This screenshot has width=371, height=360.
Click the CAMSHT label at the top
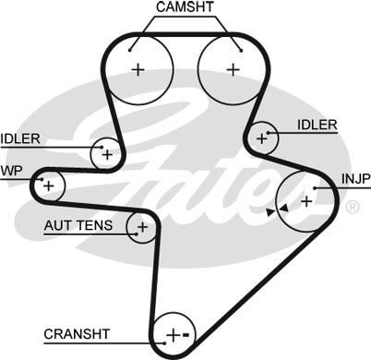(185, 8)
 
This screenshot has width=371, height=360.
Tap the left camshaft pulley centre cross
(138, 68)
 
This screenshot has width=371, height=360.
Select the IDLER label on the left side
(20, 138)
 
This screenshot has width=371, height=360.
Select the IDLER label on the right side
(317, 125)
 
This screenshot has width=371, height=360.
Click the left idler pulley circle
(107, 153)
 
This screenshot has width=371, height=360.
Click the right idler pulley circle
(263, 138)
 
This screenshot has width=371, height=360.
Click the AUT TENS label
(78, 225)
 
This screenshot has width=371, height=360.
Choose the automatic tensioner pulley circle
(142, 226)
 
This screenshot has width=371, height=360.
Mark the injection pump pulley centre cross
(306, 199)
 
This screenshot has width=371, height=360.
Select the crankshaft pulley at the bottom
(173, 333)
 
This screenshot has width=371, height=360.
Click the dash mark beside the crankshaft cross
(185, 333)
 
